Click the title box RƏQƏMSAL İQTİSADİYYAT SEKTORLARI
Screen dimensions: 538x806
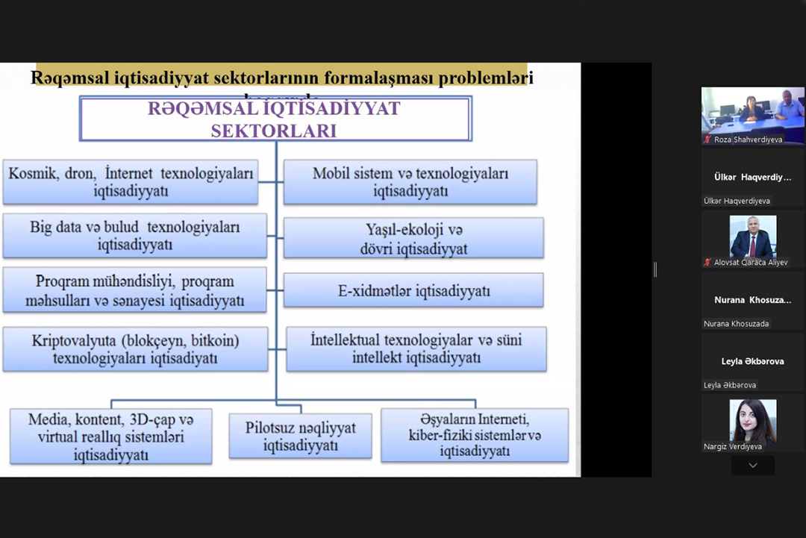(275, 119)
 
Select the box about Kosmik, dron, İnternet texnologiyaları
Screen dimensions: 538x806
(131, 182)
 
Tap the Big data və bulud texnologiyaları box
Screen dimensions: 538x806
(135, 236)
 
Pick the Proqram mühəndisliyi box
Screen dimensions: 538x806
(135, 291)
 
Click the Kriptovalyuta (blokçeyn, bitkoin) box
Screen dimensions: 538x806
(135, 349)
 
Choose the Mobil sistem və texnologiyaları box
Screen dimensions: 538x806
(410, 182)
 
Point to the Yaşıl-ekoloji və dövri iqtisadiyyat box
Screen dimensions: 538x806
(413, 238)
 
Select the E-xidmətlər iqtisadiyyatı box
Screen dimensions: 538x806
(413, 290)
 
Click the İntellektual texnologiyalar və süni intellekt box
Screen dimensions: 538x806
(416, 349)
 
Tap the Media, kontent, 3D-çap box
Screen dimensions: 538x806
(111, 436)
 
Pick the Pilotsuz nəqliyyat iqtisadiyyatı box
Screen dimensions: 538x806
(300, 437)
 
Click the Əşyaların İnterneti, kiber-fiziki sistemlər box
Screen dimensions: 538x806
(475, 435)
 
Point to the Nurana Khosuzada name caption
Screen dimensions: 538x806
(736, 324)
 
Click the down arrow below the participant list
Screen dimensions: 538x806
(752, 466)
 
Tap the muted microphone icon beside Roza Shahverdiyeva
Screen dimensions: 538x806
(707, 140)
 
